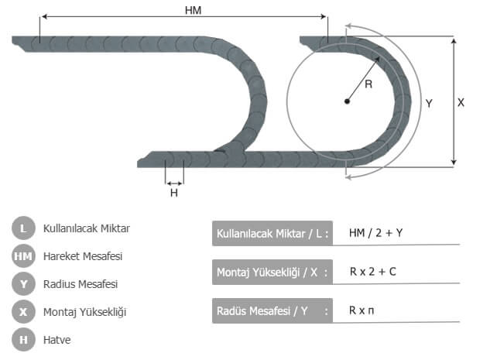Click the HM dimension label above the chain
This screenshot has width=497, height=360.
point(193,10)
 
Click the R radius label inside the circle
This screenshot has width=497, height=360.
point(368,84)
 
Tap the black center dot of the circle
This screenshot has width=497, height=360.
point(347,101)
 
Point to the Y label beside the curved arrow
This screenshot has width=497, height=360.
point(429,103)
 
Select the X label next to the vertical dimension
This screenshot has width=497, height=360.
point(461,102)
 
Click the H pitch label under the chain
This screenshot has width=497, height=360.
point(174,193)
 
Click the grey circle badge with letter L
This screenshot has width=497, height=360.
point(23,228)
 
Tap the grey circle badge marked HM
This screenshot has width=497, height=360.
point(23,256)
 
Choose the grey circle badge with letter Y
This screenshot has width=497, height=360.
point(23,284)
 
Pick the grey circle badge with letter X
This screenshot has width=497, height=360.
point(23,312)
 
